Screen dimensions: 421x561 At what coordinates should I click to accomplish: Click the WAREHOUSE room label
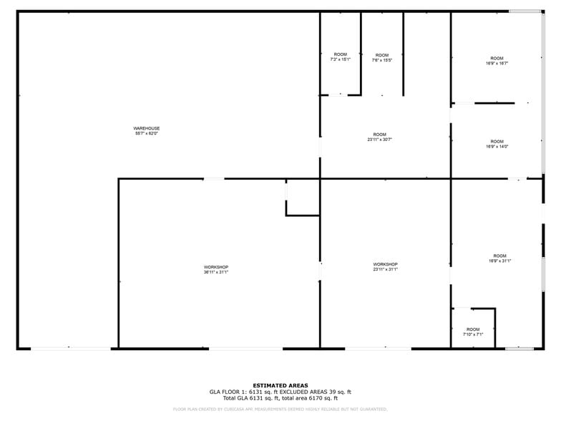(146, 128)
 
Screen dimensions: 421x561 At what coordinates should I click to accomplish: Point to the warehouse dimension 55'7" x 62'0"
(146, 133)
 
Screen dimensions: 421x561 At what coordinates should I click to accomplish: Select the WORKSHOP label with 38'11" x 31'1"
(215, 267)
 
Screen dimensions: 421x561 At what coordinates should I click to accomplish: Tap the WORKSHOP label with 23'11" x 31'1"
(385, 264)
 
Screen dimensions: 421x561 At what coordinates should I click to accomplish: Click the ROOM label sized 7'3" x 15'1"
(340, 54)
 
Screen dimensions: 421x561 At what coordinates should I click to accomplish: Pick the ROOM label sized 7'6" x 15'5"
(382, 55)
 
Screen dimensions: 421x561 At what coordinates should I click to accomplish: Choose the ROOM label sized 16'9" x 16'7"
(497, 59)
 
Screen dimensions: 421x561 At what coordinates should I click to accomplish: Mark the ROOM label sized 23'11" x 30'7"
(379, 135)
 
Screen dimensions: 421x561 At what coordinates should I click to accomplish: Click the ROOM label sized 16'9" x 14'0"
(497, 142)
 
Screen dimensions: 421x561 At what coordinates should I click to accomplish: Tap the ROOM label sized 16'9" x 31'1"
(499, 256)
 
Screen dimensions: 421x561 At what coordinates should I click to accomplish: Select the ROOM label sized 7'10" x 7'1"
(473, 329)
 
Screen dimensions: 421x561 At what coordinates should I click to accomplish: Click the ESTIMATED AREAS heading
(280, 385)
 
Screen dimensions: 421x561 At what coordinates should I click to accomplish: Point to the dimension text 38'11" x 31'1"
(215, 272)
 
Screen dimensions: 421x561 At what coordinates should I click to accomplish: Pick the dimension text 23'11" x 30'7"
(379, 140)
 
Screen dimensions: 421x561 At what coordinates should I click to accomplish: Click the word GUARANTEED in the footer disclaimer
(371, 409)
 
